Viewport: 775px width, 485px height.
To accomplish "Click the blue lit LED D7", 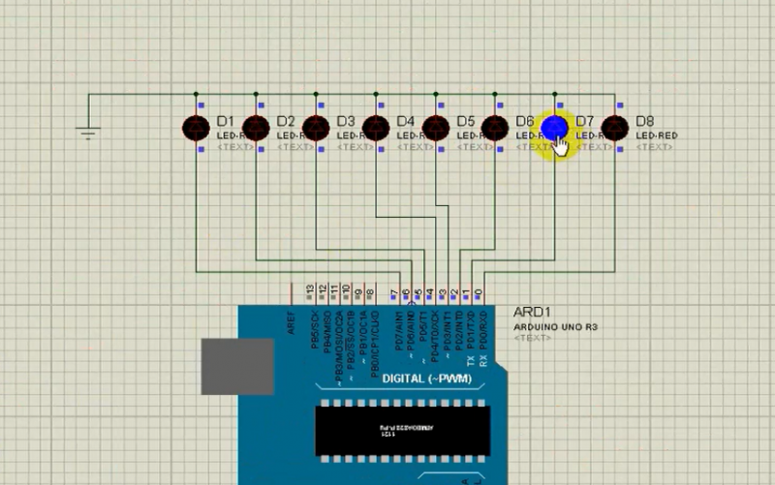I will pyautogui.click(x=554, y=127).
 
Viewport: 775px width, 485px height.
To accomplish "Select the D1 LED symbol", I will pyautogui.click(x=197, y=127).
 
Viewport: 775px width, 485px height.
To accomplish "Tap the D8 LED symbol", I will pyautogui.click(x=615, y=127).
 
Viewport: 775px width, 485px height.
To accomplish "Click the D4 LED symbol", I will pyautogui.click(x=376, y=127).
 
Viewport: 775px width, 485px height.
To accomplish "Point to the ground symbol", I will pyautogui.click(x=89, y=132).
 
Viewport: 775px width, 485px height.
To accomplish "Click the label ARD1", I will pyautogui.click(x=532, y=313).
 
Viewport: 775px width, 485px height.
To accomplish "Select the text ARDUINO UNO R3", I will pyautogui.click(x=556, y=327).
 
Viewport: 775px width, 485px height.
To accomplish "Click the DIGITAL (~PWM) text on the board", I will pyautogui.click(x=426, y=378).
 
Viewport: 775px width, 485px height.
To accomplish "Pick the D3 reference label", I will pyautogui.click(x=345, y=121).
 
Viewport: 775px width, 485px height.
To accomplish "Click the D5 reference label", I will pyautogui.click(x=465, y=121).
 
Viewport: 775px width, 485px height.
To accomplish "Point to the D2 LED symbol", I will pyautogui.click(x=256, y=127).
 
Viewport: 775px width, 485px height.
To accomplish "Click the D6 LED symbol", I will pyautogui.click(x=495, y=127).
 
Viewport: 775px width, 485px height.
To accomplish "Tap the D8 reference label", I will pyautogui.click(x=644, y=121).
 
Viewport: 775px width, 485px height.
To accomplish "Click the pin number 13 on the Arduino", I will pyautogui.click(x=310, y=289).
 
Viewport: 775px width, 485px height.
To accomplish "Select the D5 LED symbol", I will pyautogui.click(x=436, y=127).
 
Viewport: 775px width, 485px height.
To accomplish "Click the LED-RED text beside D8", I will pyautogui.click(x=657, y=136).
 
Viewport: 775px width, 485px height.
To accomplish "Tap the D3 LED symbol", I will pyautogui.click(x=316, y=127).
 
